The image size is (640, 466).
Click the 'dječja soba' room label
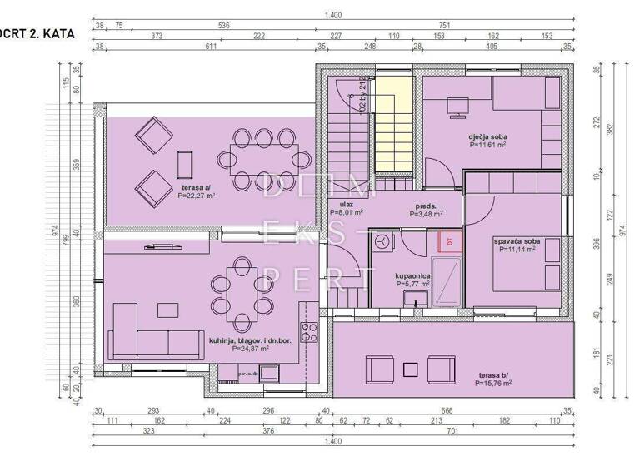(x=487, y=136)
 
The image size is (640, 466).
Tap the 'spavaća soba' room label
(x=520, y=241)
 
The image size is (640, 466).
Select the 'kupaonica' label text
(x=412, y=274)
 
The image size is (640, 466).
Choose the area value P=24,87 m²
(x=250, y=349)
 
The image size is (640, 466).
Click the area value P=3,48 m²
(x=426, y=214)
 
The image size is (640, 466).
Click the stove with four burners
(x=310, y=331)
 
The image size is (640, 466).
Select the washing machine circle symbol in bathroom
(x=383, y=242)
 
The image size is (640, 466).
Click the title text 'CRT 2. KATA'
(x=38, y=34)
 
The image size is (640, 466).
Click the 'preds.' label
(x=427, y=205)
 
